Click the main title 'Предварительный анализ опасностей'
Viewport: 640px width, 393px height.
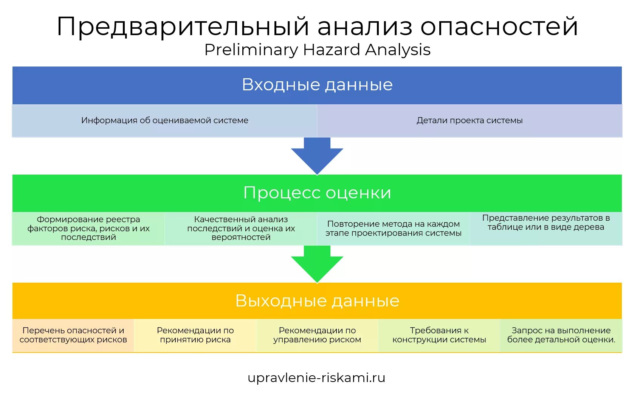pyautogui.click(x=317, y=26)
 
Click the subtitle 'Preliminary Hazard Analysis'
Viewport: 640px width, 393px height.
pyautogui.click(x=317, y=50)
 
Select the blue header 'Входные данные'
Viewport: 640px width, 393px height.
pyautogui.click(x=317, y=85)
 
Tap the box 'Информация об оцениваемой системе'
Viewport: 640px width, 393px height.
pyautogui.click(x=164, y=121)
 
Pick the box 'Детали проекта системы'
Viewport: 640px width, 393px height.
pyautogui.click(x=470, y=121)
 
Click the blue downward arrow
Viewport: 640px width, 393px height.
pyautogui.click(x=317, y=155)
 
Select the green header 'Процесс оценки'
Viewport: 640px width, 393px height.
pyautogui.click(x=317, y=193)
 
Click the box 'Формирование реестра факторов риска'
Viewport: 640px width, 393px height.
pyautogui.click(x=88, y=228)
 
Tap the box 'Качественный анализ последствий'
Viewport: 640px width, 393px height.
pyautogui.click(x=241, y=228)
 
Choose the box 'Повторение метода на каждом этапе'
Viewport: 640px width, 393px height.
pyautogui.click(x=393, y=228)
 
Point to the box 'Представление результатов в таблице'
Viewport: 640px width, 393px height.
pyautogui.click(x=546, y=228)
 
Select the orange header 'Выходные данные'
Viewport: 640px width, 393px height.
pyautogui.click(x=317, y=301)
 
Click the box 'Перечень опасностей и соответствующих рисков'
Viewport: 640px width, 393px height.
pyautogui.click(x=73, y=335)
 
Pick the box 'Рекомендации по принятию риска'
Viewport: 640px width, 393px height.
pyautogui.click(x=195, y=335)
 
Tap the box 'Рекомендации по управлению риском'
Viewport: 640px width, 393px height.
pyautogui.click(x=317, y=335)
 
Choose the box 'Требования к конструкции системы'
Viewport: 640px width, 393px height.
pyautogui.click(x=439, y=335)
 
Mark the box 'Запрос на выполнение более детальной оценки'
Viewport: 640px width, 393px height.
pyautogui.click(x=561, y=335)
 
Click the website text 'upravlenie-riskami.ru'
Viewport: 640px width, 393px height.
pyautogui.click(x=316, y=378)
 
